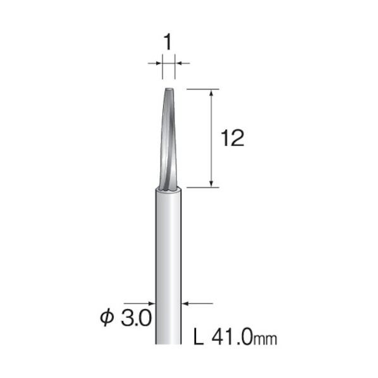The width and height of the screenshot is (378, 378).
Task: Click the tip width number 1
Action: click(168, 42)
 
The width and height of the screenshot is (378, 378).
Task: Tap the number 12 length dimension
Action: click(233, 138)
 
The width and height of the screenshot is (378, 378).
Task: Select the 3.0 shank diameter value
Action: click(136, 318)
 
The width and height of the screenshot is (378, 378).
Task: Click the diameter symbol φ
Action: click(107, 318)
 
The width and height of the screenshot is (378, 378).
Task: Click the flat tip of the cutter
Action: click(169, 89)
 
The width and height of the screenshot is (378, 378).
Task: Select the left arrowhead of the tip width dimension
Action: click(159, 63)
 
